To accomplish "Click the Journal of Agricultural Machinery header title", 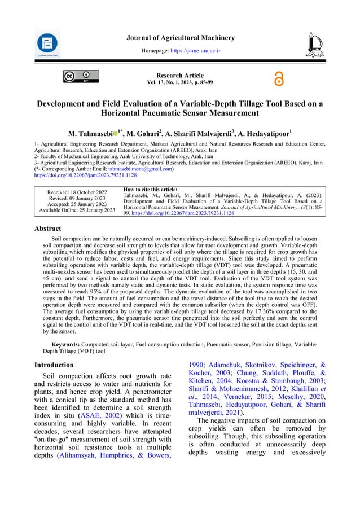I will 180,38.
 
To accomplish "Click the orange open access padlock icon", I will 278,80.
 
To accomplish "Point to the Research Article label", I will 180,76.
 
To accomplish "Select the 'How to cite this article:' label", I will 150,189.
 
